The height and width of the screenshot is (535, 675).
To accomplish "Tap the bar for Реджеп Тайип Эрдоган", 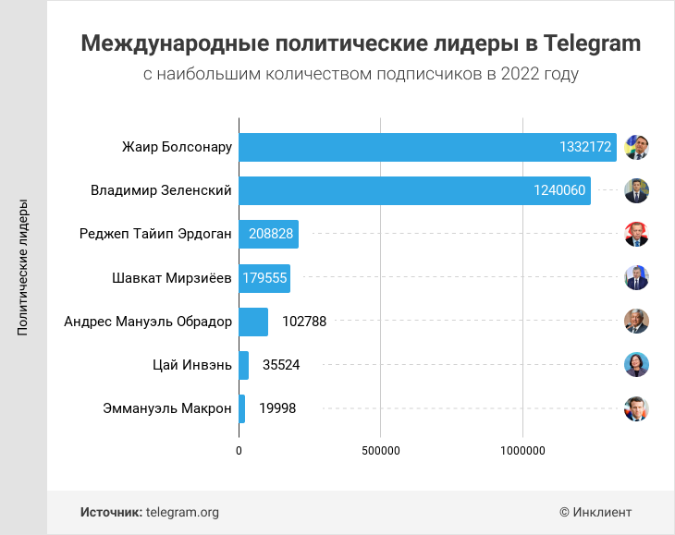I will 268,235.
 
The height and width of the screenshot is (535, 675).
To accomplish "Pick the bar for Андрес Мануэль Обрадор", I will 253,322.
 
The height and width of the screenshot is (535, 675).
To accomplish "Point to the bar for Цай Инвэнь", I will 244,365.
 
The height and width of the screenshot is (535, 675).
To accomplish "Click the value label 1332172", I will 585,147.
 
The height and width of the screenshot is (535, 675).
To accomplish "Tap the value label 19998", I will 277,408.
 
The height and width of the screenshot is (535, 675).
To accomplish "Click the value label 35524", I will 281,365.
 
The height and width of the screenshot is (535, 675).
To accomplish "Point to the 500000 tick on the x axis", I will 380,451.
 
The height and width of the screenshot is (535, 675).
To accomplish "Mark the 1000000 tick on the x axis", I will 522,451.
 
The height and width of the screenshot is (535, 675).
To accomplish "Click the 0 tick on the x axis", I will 239,451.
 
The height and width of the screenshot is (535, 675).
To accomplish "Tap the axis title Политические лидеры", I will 23,268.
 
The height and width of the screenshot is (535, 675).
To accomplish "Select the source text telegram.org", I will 182,512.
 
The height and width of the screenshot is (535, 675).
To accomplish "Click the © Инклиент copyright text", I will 595,512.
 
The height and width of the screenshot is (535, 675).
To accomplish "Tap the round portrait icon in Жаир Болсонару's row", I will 636,147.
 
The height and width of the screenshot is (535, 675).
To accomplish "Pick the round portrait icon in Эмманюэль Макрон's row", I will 636,408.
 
